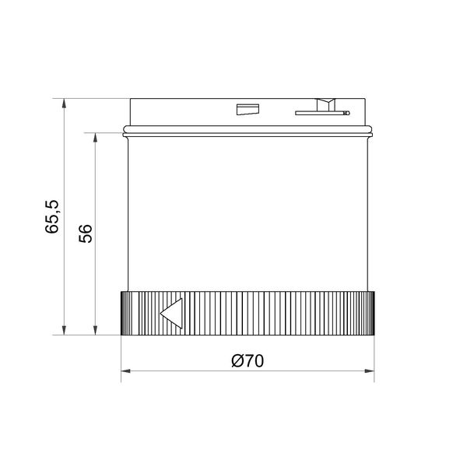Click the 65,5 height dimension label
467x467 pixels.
click(52, 216)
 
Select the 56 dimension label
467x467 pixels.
click(86, 233)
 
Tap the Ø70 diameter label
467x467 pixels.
click(248, 360)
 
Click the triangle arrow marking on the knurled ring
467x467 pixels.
click(171, 314)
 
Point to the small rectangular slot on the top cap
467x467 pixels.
click(248, 109)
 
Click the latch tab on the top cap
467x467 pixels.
click(326, 104)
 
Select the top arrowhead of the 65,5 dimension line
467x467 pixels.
click(64, 104)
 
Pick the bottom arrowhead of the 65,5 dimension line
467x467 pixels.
click(64, 330)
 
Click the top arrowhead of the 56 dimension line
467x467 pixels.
click(95, 138)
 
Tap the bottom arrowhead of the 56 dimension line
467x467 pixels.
click(95, 330)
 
